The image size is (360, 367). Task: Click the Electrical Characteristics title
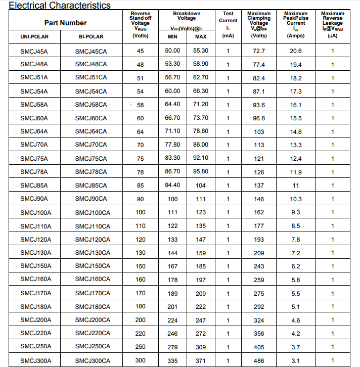(x=60, y=6)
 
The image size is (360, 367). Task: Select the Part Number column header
(x=65, y=23)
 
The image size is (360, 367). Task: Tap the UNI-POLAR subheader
(x=34, y=37)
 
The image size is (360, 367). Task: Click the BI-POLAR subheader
(x=91, y=37)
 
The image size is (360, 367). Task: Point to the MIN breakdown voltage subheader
(x=172, y=37)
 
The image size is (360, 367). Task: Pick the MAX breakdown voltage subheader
(x=201, y=37)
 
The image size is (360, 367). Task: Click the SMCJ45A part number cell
(x=34, y=51)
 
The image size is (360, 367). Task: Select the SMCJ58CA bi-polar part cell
(x=91, y=105)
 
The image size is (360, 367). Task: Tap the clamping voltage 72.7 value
(x=259, y=51)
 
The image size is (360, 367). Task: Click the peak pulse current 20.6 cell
(x=296, y=51)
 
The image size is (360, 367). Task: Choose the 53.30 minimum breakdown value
(x=172, y=64)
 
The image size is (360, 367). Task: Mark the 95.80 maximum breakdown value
(x=201, y=172)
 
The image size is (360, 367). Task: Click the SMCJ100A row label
(x=36, y=212)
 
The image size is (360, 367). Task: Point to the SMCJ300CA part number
(x=93, y=360)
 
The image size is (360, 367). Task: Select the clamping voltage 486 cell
(x=259, y=360)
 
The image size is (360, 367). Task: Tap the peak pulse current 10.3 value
(x=296, y=199)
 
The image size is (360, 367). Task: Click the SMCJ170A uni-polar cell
(x=36, y=293)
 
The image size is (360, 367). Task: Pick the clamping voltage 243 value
(x=259, y=266)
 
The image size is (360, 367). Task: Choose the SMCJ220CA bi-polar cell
(x=93, y=333)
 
